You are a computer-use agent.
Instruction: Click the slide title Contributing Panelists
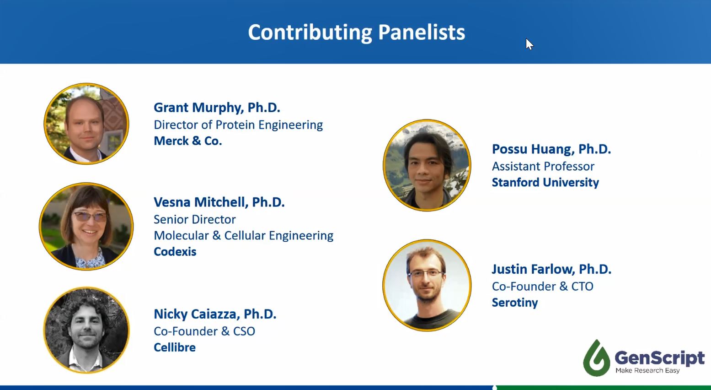357,33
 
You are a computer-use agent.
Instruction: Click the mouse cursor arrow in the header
529,44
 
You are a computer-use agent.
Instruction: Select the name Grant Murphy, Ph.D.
217,108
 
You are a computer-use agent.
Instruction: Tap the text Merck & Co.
187,141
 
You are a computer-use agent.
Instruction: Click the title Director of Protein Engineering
238,125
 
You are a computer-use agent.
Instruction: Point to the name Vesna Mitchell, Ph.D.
219,202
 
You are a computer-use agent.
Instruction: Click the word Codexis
175,252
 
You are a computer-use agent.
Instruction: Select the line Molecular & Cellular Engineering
243,236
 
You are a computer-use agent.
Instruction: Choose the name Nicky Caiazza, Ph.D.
215,314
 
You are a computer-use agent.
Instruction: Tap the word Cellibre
175,347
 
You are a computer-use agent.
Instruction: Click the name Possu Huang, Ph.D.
551,149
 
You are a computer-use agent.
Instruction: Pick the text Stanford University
545,183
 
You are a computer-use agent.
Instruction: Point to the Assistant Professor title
543,166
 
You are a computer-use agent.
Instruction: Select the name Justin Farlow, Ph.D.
551,269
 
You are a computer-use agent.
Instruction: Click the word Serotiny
515,303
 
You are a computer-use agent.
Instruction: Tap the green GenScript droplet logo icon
596,358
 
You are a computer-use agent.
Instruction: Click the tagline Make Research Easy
647,370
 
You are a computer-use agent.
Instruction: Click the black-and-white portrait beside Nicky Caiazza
86,330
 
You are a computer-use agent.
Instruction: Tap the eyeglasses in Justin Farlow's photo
426,273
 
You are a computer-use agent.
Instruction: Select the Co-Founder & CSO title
204,331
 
